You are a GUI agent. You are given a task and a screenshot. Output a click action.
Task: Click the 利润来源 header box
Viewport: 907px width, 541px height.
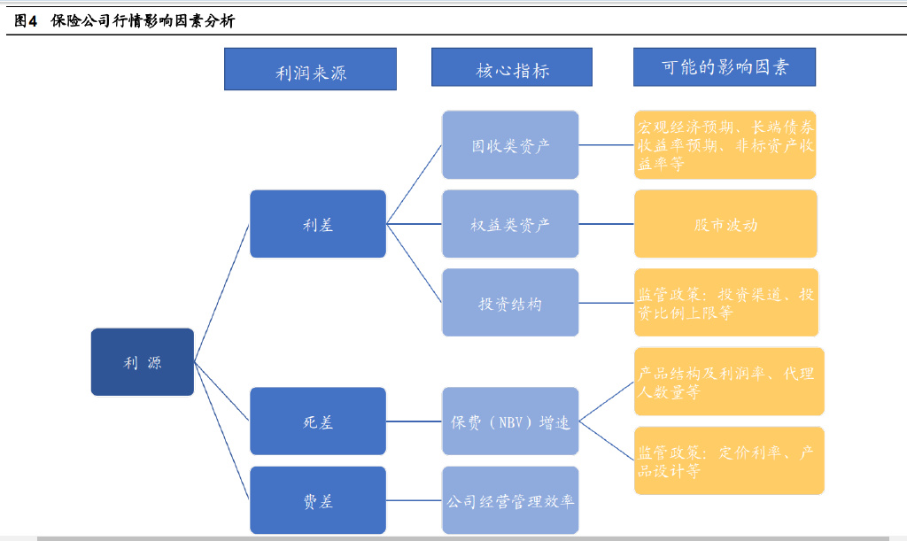point(310,69)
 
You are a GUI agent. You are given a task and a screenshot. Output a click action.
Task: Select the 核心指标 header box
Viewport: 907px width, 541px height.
point(512,67)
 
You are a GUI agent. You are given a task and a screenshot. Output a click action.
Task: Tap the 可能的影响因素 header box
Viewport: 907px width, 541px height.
point(725,67)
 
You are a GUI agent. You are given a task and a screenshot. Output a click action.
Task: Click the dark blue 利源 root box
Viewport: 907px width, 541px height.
point(143,362)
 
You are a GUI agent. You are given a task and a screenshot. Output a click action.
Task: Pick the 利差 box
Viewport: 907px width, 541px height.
point(318,224)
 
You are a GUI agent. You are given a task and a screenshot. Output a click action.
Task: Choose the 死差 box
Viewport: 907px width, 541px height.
point(318,421)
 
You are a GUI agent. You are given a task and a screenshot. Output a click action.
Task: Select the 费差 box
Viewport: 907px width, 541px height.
point(318,500)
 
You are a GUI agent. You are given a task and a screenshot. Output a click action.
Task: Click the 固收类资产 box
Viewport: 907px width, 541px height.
point(510,144)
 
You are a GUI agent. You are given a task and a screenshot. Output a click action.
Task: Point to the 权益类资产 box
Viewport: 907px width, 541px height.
point(510,224)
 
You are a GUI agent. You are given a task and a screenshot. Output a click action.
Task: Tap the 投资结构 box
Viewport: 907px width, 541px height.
point(510,302)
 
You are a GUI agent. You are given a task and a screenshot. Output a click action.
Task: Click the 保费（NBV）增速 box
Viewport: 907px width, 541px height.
point(510,421)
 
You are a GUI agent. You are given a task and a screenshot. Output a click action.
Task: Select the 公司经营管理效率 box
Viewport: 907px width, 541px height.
point(510,500)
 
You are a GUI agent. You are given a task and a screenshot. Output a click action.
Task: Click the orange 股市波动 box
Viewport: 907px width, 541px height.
point(725,224)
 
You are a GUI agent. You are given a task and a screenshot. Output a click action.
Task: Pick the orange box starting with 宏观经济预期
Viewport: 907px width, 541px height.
point(725,144)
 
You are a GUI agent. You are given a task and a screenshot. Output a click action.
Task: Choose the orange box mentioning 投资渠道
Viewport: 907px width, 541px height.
point(726,302)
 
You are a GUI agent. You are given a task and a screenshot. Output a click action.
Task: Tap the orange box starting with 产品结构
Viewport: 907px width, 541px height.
point(729,382)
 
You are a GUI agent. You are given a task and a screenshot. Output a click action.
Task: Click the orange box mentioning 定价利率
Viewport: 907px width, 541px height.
point(729,460)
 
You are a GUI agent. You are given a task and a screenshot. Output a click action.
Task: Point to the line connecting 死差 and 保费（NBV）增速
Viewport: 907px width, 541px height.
point(415,421)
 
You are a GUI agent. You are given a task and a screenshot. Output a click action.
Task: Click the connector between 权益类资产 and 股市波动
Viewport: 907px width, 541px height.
point(606,224)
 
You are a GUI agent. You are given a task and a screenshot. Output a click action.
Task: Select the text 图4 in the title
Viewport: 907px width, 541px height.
point(26,21)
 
